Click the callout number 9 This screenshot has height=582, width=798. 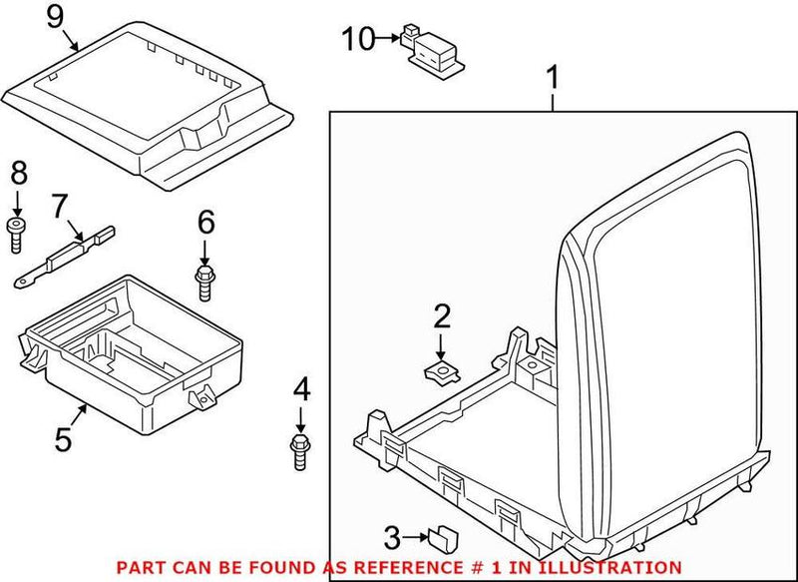[54, 16]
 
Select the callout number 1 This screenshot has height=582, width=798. [553, 75]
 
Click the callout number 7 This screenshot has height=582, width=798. [60, 206]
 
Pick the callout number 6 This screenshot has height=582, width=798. [205, 222]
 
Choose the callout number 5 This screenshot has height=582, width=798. [63, 438]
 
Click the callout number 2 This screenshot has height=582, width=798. [441, 317]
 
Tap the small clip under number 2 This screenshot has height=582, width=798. [439, 371]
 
